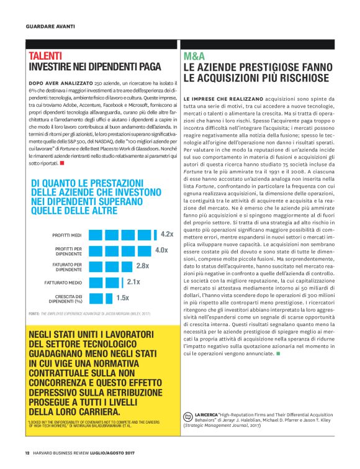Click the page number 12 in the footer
pyautogui.click(x=27, y=451)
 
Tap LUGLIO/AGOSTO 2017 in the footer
pyautogui.click(x=112, y=451)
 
